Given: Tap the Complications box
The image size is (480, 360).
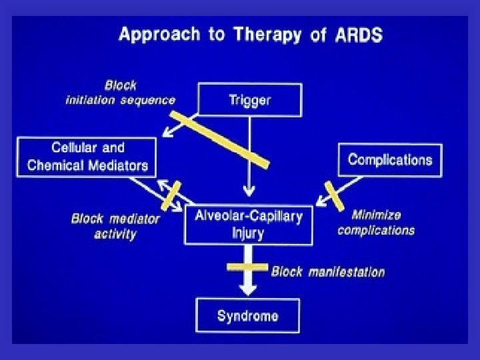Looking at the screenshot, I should [x=390, y=160].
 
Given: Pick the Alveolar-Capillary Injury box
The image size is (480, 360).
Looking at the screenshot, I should [x=248, y=225].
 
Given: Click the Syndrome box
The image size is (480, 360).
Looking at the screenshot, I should [x=247, y=315].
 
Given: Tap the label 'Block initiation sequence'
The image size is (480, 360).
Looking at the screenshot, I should [x=120, y=93].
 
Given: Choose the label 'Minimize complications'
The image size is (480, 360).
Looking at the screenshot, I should [x=376, y=223].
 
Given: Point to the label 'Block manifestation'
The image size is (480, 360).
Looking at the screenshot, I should [x=327, y=272].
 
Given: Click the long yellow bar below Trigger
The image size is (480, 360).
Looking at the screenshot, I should [x=219, y=139].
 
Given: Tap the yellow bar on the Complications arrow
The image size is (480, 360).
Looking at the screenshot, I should [x=334, y=195].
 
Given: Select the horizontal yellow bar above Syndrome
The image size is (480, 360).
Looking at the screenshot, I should [x=248, y=267].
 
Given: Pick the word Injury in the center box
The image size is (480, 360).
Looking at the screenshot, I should [x=248, y=233].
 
